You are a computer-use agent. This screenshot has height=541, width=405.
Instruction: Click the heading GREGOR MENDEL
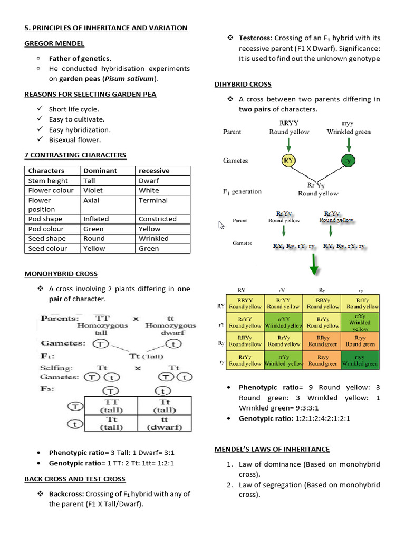pos(54,43)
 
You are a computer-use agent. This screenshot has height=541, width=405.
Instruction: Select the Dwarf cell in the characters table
pos(148,181)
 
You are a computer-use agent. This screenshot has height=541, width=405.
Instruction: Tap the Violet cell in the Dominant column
pos(93,190)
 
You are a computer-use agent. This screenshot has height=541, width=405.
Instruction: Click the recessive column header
pos(154,171)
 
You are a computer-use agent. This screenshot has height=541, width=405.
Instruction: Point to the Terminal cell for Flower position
pos(153,200)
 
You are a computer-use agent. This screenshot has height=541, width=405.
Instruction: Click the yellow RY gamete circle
pos(288,160)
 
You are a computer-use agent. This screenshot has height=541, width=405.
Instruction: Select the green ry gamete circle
pos(348,160)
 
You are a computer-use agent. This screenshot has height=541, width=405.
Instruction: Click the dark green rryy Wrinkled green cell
pos(360,360)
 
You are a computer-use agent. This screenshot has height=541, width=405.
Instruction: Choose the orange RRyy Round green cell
pos(323,341)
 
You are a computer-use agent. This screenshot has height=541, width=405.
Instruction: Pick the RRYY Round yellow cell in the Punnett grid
pos(245,303)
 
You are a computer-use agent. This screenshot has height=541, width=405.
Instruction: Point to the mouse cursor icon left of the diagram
pos(221,226)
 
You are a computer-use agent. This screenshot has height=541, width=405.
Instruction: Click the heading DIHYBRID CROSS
pos(243,84)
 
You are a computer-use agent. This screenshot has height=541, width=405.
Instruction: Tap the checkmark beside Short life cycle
pos(40,109)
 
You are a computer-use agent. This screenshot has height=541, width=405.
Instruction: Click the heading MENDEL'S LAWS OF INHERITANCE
pos(272,449)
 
